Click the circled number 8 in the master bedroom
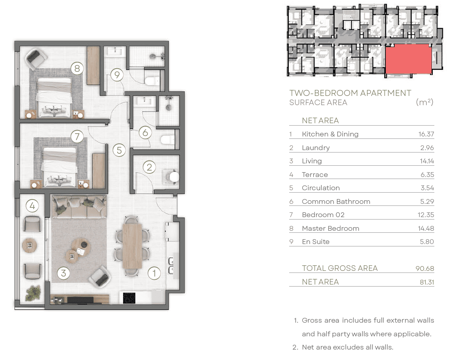pos(77,68)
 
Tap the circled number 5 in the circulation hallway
pos(119,150)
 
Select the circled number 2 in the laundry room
pos(149,167)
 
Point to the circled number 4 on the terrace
pos(32,206)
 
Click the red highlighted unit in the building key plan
pos(409,59)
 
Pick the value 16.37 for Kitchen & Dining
pos(426,134)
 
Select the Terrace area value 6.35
pos(428,175)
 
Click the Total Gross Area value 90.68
pos(425,268)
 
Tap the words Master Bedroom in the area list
pos(330,228)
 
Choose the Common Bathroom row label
pos(336,201)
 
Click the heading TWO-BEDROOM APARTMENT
pos(350,93)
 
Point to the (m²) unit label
pos(424,102)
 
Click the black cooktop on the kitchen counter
pos(129,298)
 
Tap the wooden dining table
pos(132,246)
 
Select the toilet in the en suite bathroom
pos(152,81)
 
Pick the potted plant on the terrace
pos(33,293)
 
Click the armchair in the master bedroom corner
pos(36,59)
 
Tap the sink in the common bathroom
pos(144,101)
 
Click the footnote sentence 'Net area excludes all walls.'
pos(348,347)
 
